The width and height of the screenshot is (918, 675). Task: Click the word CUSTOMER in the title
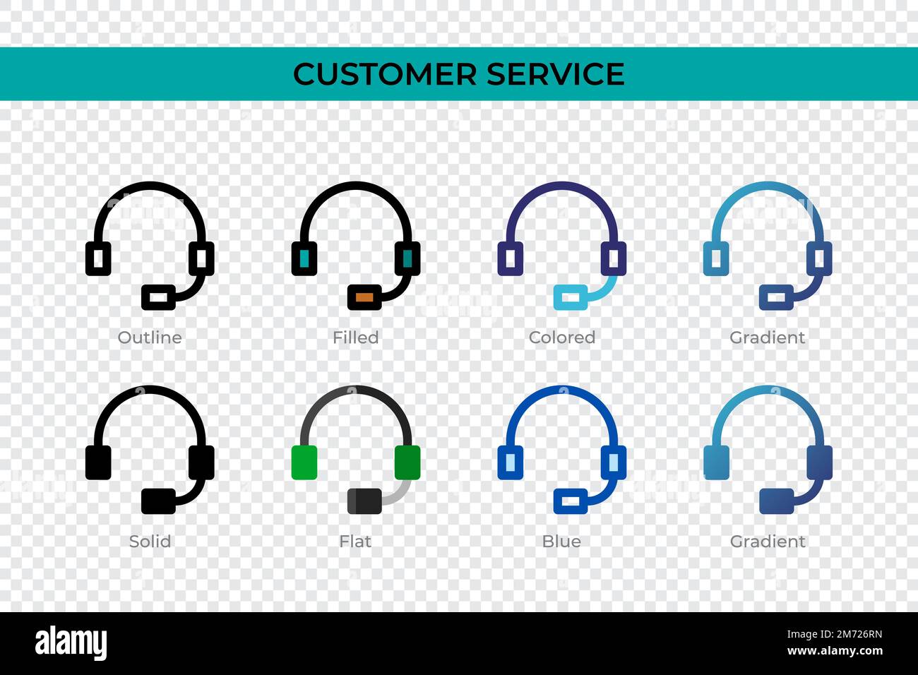pos(384,74)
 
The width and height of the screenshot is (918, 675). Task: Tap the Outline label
pos(150,337)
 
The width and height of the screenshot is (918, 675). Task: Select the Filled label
pos(355,337)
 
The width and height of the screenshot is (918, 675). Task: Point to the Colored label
pos(561,337)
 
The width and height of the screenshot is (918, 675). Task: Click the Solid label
pos(150,541)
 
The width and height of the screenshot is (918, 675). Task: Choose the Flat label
pos(355,541)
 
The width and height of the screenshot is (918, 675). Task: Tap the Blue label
pos(561,541)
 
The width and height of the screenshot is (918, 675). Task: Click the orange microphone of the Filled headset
pos(364,297)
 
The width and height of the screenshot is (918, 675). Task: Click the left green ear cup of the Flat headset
pos(304,462)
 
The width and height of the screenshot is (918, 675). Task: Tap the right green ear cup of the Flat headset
pos(407,462)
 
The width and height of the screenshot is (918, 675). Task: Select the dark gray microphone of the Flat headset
pos(364,501)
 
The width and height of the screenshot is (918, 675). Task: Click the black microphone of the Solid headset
pos(158,501)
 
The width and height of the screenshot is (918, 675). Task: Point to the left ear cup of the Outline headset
pos(98,259)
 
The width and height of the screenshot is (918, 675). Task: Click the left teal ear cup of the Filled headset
pos(304,259)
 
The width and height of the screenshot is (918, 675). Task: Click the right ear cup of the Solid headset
pos(201,462)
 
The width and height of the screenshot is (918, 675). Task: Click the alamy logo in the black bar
pos(71,643)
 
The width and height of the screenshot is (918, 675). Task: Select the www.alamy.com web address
pos(834,651)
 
